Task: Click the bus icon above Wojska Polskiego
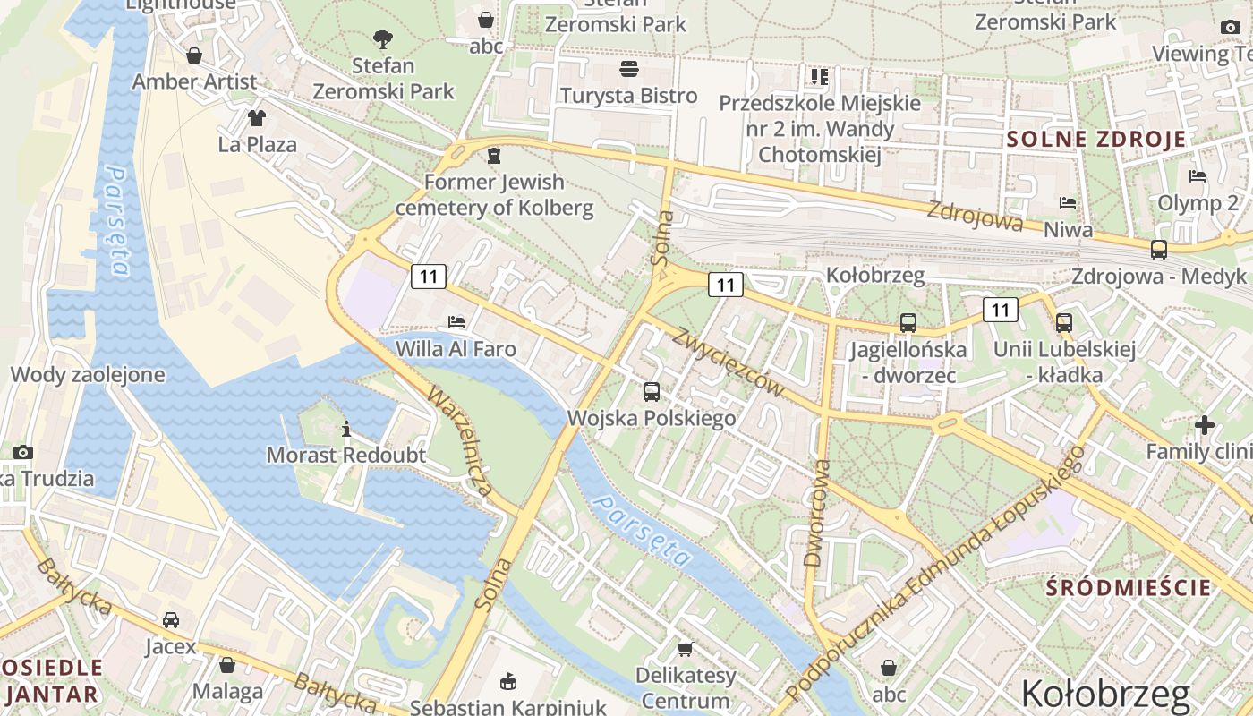[x=652, y=391]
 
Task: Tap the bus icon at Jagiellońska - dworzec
[x=908, y=323]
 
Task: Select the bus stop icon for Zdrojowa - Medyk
[x=1159, y=250]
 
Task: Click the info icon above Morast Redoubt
[x=346, y=429]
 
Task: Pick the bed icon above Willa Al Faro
[x=456, y=321]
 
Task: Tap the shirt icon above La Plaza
[x=257, y=117]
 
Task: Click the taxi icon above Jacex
[x=170, y=619]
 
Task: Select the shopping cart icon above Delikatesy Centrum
[x=686, y=649]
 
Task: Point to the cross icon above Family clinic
[x=1205, y=425]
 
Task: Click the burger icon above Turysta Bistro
[x=629, y=69]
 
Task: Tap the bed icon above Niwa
[x=1068, y=203]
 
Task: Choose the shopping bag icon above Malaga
[x=227, y=665]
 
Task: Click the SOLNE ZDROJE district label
[x=1096, y=140]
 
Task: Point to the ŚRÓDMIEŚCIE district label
[x=1129, y=588]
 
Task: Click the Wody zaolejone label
[x=88, y=375]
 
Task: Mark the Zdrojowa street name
[x=976, y=216]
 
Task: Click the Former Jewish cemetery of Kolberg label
[x=494, y=195]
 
